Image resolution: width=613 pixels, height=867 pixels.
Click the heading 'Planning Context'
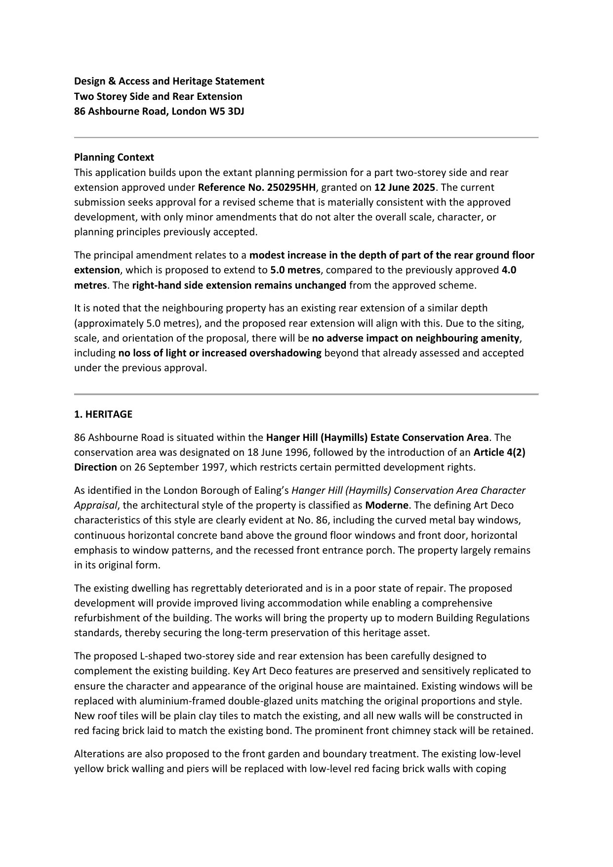(x=114, y=157)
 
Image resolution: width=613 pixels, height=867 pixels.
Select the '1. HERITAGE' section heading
(x=103, y=414)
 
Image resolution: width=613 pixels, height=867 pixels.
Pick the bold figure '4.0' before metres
(x=509, y=270)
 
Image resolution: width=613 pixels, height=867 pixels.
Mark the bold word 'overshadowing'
(x=285, y=353)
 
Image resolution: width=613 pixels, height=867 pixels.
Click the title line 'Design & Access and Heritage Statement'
(x=169, y=81)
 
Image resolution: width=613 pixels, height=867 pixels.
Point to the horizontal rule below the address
(x=306, y=137)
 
